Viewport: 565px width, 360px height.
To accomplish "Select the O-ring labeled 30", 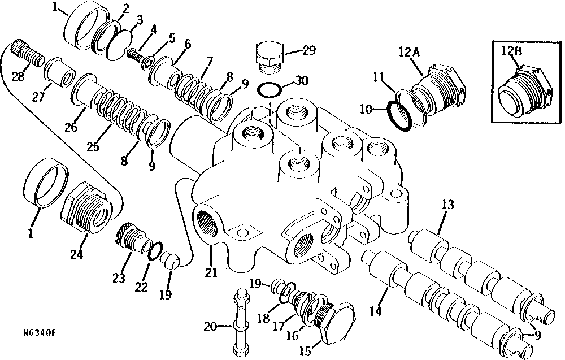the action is pos(270,90).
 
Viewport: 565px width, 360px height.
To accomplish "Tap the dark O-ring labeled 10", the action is pos(399,116).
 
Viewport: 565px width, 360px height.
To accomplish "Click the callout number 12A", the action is pos(409,52).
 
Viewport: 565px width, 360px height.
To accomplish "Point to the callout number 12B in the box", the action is pos(512,51).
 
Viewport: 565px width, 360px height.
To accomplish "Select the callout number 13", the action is pos(448,205).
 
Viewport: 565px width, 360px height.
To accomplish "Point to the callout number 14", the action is pos(375,311).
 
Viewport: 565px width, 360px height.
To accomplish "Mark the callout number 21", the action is pos(211,272).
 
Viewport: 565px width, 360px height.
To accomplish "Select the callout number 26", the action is pos(71,127).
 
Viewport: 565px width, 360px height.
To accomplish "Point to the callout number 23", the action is pos(119,278).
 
